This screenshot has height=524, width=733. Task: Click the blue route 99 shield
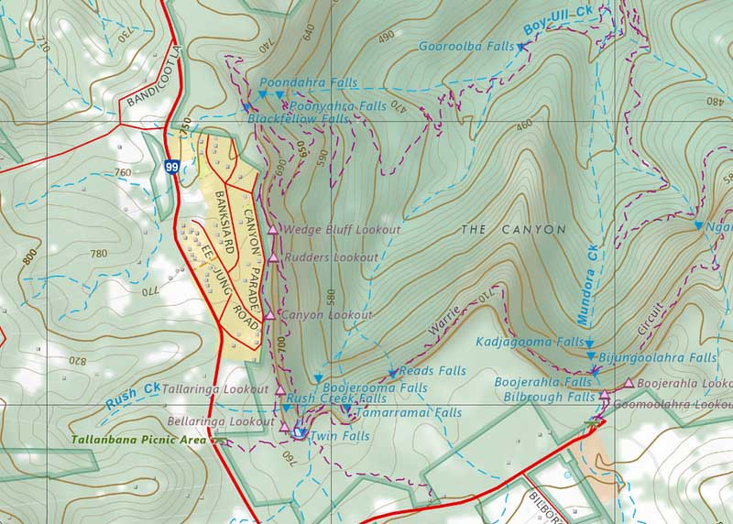pos(172,167)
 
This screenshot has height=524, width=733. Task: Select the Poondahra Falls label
pos(308,82)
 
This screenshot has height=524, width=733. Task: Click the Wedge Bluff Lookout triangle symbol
pos(273,229)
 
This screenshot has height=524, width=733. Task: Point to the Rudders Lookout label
pos(331,258)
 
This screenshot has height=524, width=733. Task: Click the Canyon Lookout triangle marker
pos(268,315)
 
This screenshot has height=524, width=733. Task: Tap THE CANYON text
pos(513,229)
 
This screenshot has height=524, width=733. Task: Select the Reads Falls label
pos(433,371)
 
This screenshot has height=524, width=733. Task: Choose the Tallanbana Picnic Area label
pos(139,441)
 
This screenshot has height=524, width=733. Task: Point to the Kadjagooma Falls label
pos(530,342)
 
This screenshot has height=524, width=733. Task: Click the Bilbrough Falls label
pos(549,397)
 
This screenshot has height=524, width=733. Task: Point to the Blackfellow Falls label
pos(299,119)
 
